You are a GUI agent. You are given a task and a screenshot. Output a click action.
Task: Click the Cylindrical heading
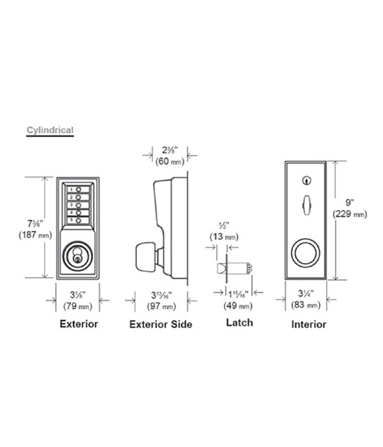pyautogui.click(x=50, y=130)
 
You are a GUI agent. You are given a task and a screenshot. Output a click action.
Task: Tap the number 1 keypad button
pyautogui.click(x=79, y=189)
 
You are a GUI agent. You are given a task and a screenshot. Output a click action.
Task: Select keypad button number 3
pyautogui.click(x=79, y=205)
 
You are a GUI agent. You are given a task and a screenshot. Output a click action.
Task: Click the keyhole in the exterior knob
pyautogui.click(x=77, y=259)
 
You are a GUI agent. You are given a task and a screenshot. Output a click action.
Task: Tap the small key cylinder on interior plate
pyautogui.click(x=306, y=181)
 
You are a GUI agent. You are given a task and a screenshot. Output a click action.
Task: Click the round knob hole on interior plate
pyautogui.click(x=306, y=252)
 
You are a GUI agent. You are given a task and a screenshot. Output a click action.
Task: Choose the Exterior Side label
pyautogui.click(x=161, y=324)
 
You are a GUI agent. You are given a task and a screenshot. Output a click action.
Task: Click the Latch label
pyautogui.click(x=239, y=322)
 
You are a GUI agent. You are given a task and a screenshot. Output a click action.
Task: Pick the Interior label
pyautogui.click(x=308, y=324)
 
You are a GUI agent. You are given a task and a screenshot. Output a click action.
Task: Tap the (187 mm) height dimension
pyautogui.click(x=35, y=235)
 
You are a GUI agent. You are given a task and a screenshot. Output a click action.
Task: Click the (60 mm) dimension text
pyautogui.click(x=170, y=162)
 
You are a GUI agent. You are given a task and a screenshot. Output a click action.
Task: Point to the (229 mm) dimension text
pyautogui.click(x=350, y=214)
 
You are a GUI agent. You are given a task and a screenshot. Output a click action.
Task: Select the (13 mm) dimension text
pyautogui.click(x=224, y=237)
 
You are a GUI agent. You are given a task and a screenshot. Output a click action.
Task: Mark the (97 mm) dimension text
pyautogui.click(x=161, y=307)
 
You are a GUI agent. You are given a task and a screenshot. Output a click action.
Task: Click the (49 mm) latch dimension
pyautogui.click(x=238, y=306)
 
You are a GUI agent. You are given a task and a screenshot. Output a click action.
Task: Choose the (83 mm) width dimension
pyautogui.click(x=306, y=305)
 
